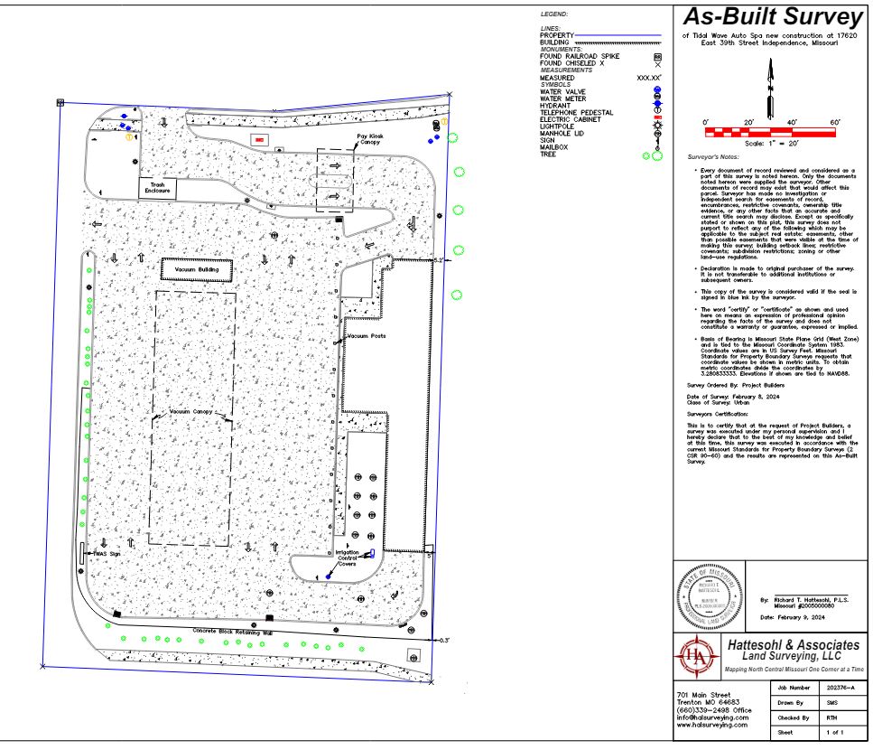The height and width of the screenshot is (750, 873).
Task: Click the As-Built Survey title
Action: point(772,18)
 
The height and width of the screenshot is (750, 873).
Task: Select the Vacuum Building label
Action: point(197,269)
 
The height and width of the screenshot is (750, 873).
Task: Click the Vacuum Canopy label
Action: point(190,411)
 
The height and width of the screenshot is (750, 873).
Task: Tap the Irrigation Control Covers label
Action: point(348,558)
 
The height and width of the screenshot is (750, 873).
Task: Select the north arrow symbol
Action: point(770,88)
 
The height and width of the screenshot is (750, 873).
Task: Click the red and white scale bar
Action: point(770,133)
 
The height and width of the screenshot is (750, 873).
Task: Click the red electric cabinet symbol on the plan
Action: point(259,140)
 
